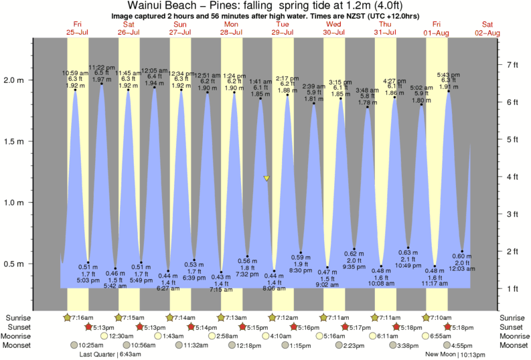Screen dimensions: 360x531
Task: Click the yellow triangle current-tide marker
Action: [267, 178]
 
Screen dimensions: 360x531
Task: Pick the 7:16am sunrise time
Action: [80, 317]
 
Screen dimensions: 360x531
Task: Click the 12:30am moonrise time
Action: [117, 336]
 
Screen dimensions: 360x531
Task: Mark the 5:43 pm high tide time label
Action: [448, 74]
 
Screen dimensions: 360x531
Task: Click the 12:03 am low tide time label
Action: [463, 269]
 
